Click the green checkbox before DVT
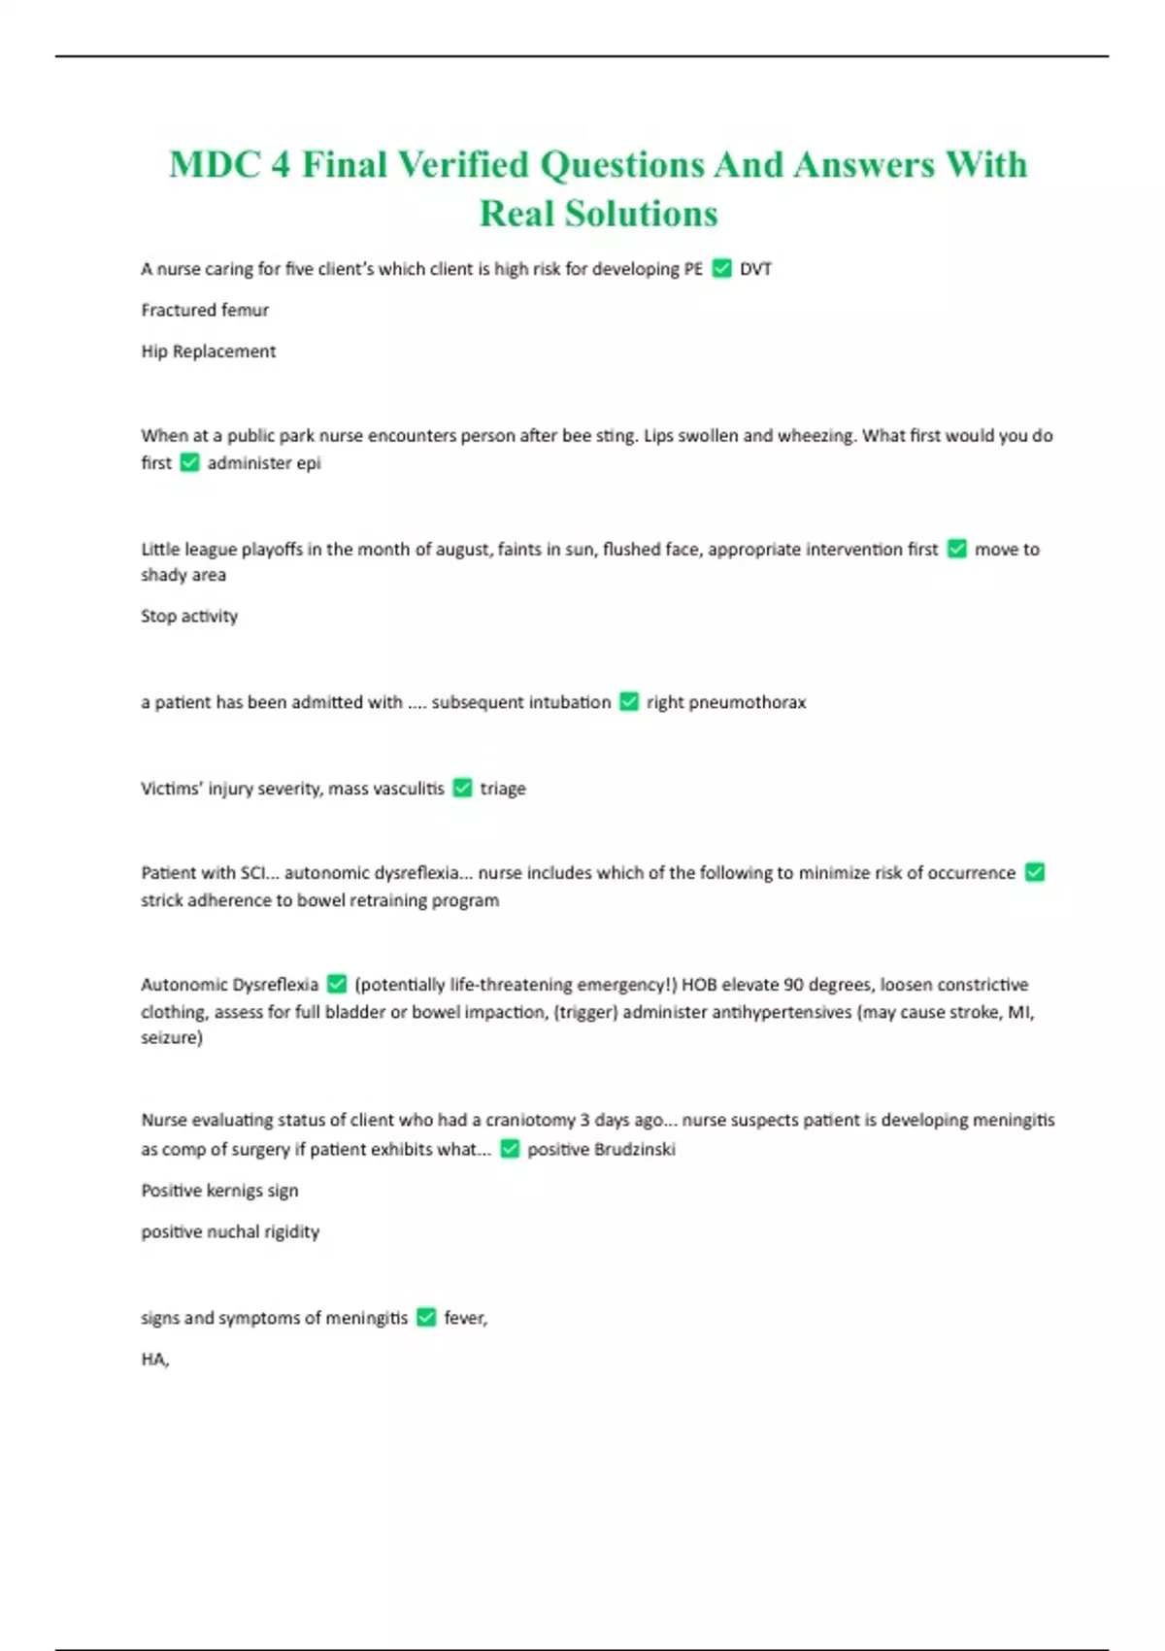pos(721,269)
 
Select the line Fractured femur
pos(205,311)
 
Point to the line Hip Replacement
pos(209,352)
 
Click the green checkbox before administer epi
pos(190,463)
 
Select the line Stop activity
pos(189,617)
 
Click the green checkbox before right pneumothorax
pos(629,702)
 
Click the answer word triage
pos(503,789)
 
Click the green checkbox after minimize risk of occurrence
pos(1035,873)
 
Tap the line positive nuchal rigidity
pos(230,1232)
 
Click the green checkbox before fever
pos(426,1318)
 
